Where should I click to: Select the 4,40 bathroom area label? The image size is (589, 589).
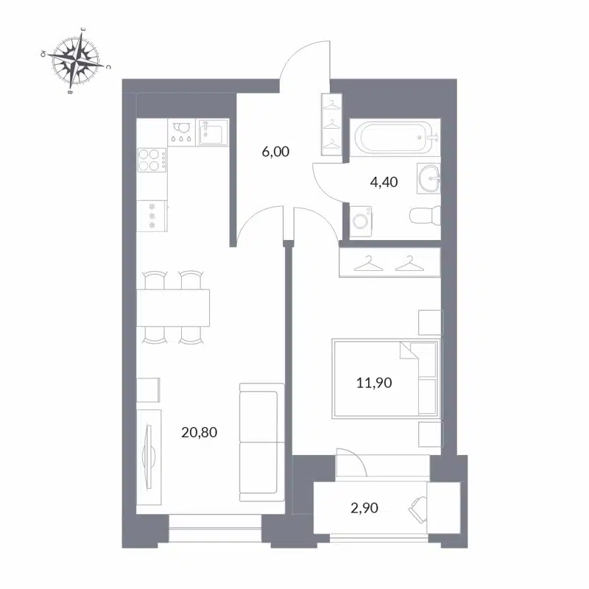tap(382, 182)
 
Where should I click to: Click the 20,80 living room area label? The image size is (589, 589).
tap(199, 432)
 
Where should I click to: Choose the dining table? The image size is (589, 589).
tap(174, 307)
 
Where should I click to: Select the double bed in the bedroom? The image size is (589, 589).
tap(384, 378)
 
